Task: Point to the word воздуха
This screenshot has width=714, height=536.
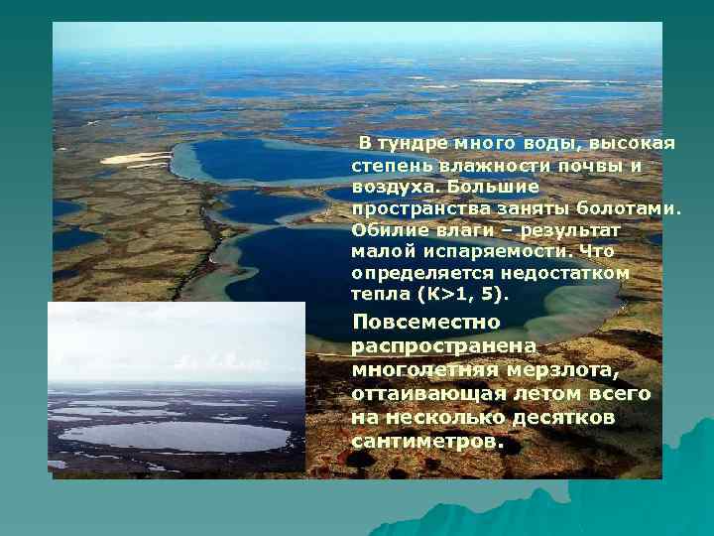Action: (x=392, y=187)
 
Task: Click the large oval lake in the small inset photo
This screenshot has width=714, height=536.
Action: (x=175, y=435)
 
